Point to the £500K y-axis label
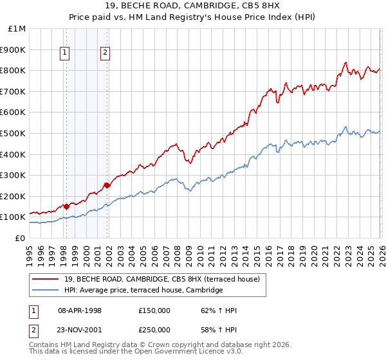click(14, 133)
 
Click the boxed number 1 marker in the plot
click(66, 54)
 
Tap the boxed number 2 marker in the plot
click(105, 54)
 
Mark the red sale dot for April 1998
click(66, 206)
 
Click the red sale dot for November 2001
click(107, 186)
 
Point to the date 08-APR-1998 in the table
click(80, 310)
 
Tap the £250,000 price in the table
click(154, 330)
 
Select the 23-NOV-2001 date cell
click(80, 330)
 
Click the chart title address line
click(193, 6)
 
